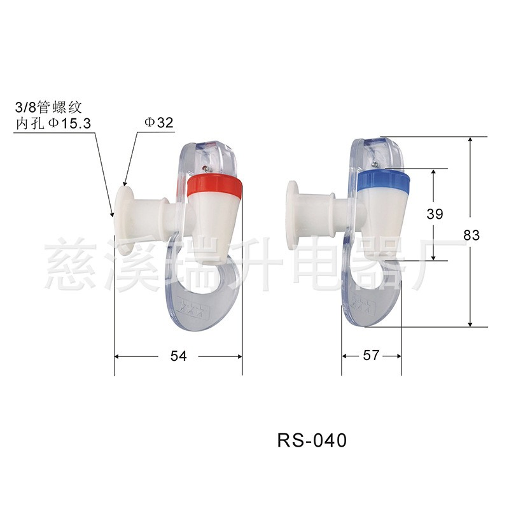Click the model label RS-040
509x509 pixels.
point(311,440)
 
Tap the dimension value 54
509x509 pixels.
point(179,356)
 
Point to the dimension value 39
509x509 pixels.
point(435,214)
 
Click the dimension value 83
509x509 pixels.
point(471,235)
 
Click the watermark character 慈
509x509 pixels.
point(70,260)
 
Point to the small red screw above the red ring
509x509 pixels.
point(204,169)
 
